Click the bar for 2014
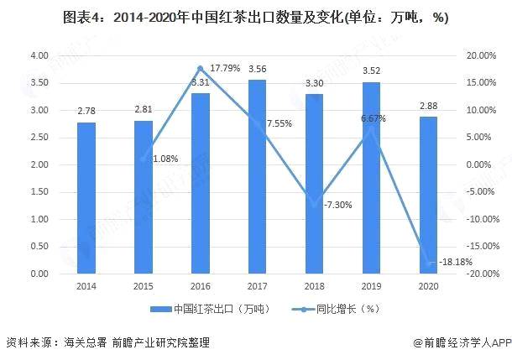point(86,198)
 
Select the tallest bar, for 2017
point(258,176)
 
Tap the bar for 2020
point(429,196)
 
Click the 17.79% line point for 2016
point(200,68)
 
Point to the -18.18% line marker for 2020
point(429,263)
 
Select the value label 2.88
point(429,107)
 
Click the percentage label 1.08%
point(165,159)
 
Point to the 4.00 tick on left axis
point(39,55)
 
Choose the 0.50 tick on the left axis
point(39,247)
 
